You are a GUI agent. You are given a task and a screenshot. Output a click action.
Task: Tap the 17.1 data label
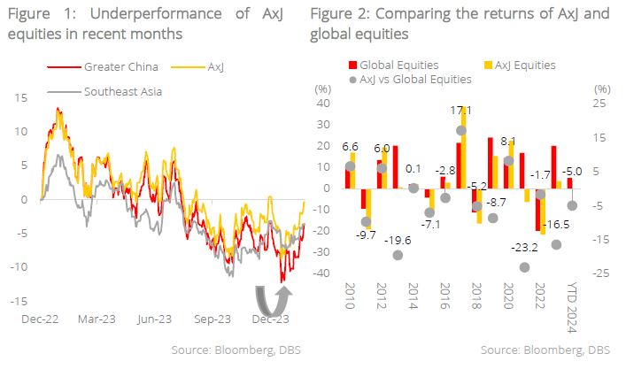click(x=461, y=111)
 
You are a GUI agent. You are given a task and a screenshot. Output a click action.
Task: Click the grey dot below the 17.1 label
click(x=461, y=131)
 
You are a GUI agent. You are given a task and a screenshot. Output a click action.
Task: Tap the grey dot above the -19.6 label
click(x=398, y=255)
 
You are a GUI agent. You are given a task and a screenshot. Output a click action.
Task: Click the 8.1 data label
click(x=508, y=141)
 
